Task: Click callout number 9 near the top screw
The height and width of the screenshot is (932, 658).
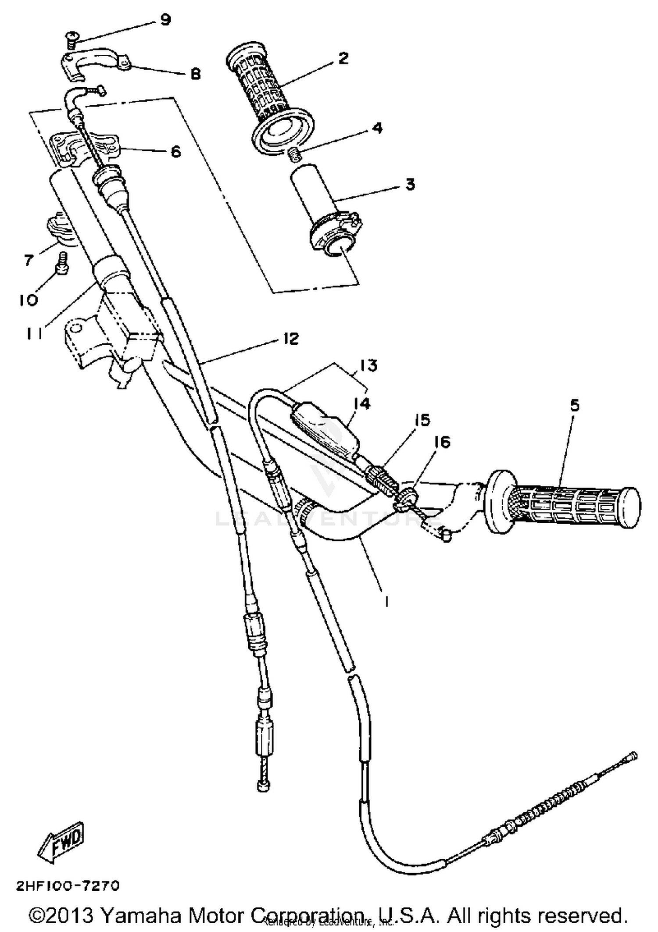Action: (165, 20)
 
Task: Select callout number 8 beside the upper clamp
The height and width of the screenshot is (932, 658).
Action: (196, 74)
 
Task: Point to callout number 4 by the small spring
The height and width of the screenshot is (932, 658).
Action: (377, 128)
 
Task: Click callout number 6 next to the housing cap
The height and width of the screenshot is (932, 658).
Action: (175, 152)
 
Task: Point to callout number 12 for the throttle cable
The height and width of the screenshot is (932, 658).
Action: (291, 339)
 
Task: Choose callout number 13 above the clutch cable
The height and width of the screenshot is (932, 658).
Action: (369, 365)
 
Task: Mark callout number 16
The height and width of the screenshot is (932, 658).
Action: (442, 442)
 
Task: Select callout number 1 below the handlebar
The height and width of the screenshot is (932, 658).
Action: (386, 603)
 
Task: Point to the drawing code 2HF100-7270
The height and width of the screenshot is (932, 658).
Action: (68, 886)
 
